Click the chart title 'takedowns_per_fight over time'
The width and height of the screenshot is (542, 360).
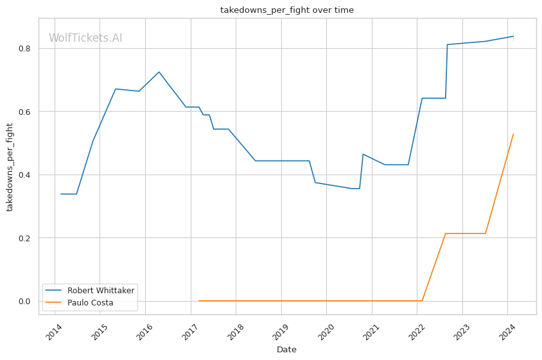coord(286,10)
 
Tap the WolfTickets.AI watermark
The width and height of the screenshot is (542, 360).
coord(85,39)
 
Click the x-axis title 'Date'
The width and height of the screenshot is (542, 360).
coord(286,350)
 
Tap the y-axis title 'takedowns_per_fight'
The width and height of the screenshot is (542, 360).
coord(10,166)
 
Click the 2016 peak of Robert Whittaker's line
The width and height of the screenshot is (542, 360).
coord(159,72)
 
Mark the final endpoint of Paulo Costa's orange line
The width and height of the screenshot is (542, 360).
coord(513,134)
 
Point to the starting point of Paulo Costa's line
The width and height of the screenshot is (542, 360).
coord(199,300)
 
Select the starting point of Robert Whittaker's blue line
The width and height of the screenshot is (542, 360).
coord(61,194)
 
